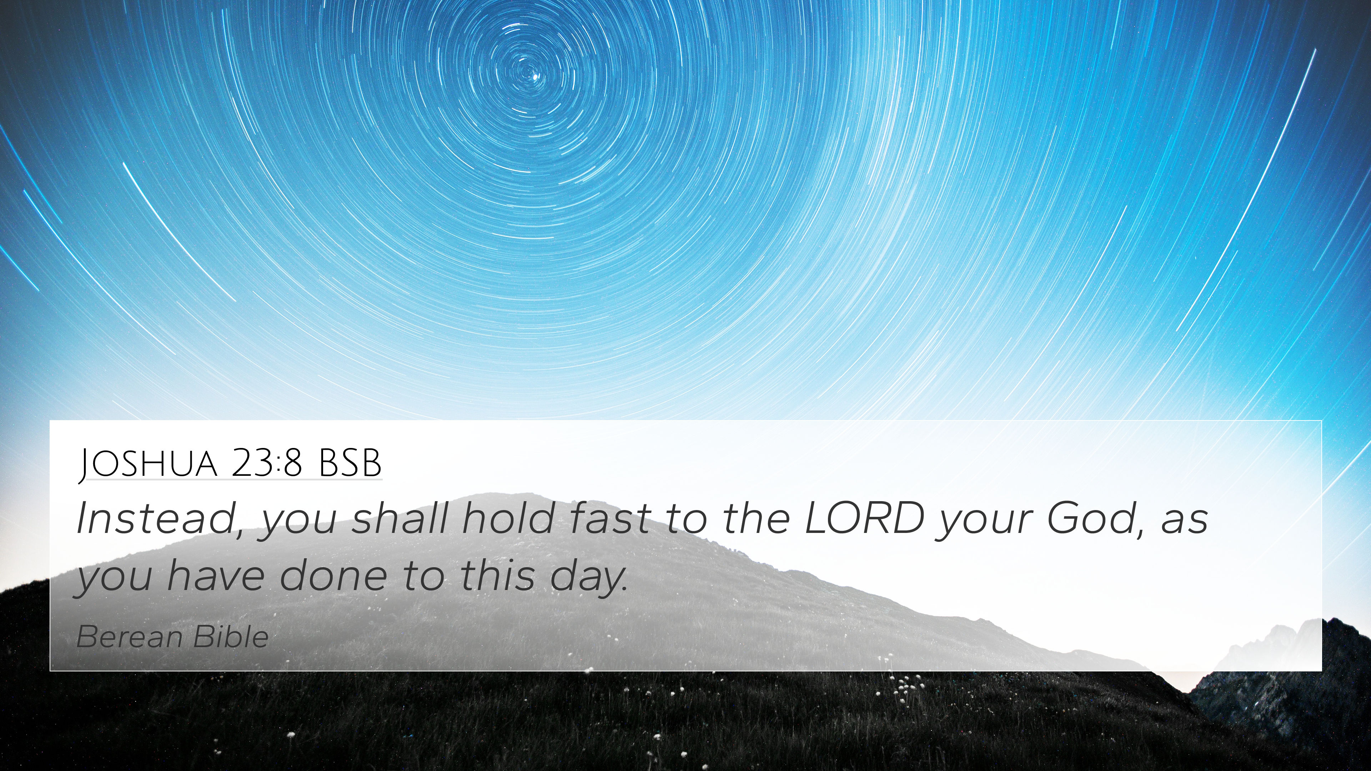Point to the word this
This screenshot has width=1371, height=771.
[497, 576]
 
